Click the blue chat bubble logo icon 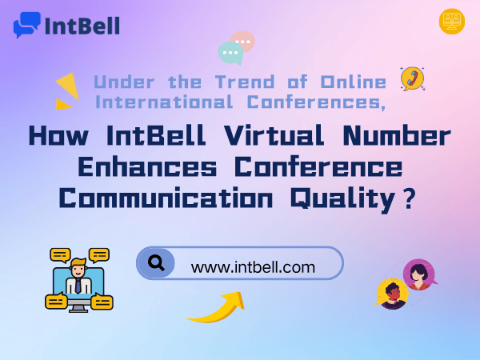pos(27,25)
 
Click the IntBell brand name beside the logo pos(82,26)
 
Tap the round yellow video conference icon pos(452,21)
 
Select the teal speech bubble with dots pos(231,54)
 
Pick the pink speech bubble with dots pos(243,41)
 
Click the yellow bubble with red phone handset pos(412,78)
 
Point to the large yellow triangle pos(68,86)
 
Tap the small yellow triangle pos(63,104)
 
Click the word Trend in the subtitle pos(245,82)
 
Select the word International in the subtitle pos(164,102)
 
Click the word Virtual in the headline pos(274,135)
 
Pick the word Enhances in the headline pos(147,166)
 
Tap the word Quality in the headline pos(342,199)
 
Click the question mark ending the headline pos(409,198)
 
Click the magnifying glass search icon pos(156,262)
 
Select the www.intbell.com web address pos(253,267)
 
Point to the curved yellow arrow pos(219,309)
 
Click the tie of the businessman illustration pos(78,286)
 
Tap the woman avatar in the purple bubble pos(418,274)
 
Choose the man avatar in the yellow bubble pos(392,294)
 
